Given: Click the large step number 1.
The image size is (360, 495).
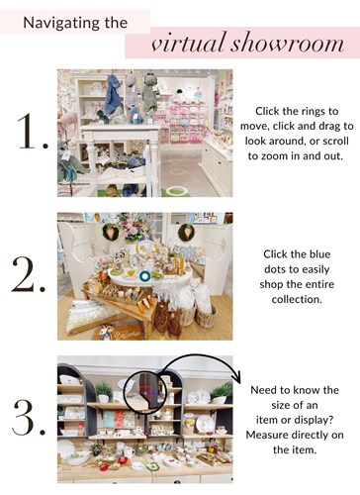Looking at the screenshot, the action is (x=32, y=131).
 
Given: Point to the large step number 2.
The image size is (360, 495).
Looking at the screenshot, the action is (x=28, y=274).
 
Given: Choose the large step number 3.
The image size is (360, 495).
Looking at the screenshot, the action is (x=29, y=417).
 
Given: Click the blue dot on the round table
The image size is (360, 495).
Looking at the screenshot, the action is (x=144, y=276).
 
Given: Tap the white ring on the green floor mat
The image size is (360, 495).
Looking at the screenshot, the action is (x=176, y=190).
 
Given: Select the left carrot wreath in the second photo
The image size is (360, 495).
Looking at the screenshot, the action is (x=111, y=232).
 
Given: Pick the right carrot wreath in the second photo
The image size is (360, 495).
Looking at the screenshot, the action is (x=187, y=233).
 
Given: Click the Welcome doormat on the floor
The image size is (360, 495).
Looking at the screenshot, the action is (x=120, y=332).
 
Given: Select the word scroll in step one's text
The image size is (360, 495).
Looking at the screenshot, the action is (x=331, y=141).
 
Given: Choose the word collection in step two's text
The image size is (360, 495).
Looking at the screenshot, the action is (x=297, y=300).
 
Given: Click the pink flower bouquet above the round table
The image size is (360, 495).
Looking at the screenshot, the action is (x=132, y=227).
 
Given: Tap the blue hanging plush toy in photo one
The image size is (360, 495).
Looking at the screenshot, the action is (x=114, y=95).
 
